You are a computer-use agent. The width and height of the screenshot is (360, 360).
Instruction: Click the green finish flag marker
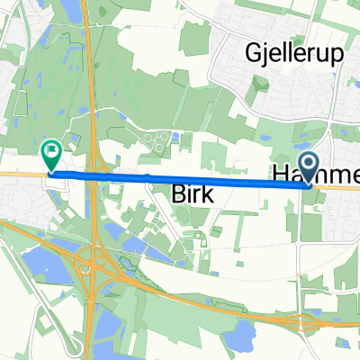click(52, 156)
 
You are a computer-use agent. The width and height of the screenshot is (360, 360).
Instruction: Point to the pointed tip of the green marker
click(52, 171)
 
